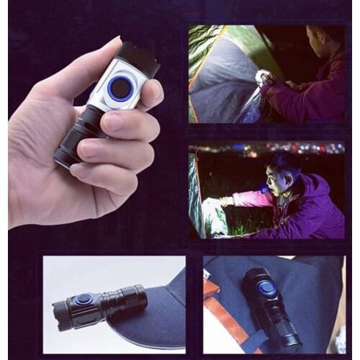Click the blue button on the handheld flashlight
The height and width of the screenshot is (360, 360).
coord(120,89)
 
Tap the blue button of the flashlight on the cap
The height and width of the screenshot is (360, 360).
coord(84,300)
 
